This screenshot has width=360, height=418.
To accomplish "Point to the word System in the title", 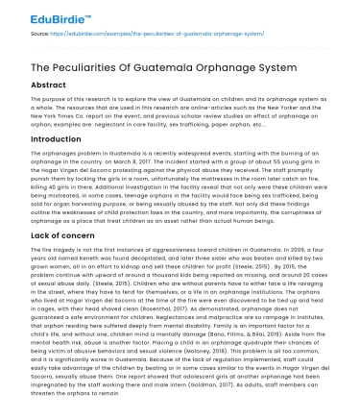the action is (x=321, y=70).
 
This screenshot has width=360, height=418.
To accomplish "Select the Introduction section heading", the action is (x=56, y=139).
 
